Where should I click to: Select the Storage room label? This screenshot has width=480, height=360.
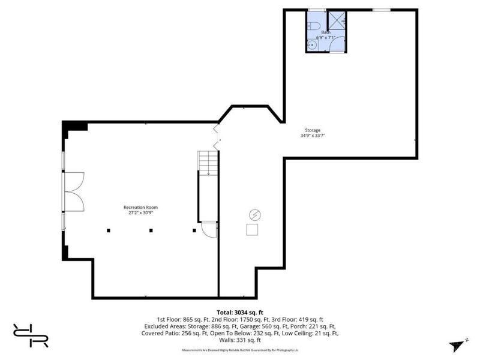pos(312,130)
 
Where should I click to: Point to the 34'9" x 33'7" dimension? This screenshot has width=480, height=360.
pos(312,136)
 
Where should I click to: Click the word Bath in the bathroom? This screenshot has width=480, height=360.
pos(326,32)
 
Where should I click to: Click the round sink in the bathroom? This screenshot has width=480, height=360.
pos(312,45)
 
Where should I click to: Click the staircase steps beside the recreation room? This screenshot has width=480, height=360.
pos(208,162)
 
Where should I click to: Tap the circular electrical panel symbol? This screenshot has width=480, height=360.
pos(254,214)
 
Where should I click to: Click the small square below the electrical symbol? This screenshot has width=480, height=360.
pos(253,229)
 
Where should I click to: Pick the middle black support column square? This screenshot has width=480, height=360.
pos(151,229)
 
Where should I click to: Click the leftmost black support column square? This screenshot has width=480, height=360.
pos(109,229)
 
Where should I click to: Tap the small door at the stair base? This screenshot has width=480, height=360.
pos(208,229)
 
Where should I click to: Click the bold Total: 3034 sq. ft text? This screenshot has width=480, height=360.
pos(240,313)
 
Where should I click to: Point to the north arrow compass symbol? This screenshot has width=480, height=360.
pos(456,345)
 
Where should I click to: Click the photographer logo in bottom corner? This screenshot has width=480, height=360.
pos(30,335)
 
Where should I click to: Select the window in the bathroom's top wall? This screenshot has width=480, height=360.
pos(317,10)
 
